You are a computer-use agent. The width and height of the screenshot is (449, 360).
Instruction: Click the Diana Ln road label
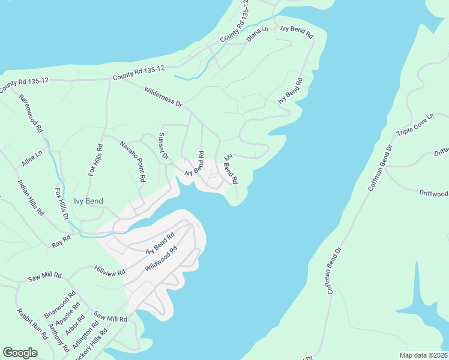[x=258, y=34]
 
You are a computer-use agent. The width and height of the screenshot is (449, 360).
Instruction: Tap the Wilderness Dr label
[x=163, y=96]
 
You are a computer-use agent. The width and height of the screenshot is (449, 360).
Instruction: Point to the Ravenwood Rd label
[x=31, y=113]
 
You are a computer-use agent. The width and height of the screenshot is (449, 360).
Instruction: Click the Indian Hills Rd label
[x=31, y=197]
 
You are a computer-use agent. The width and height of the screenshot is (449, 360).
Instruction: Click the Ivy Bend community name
[x=88, y=201]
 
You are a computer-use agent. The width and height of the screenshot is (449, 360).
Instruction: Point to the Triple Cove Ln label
[x=414, y=125]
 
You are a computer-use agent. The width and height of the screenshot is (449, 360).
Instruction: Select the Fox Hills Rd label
[x=96, y=159]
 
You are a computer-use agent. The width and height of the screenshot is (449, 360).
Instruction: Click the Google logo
[x=20, y=353]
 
